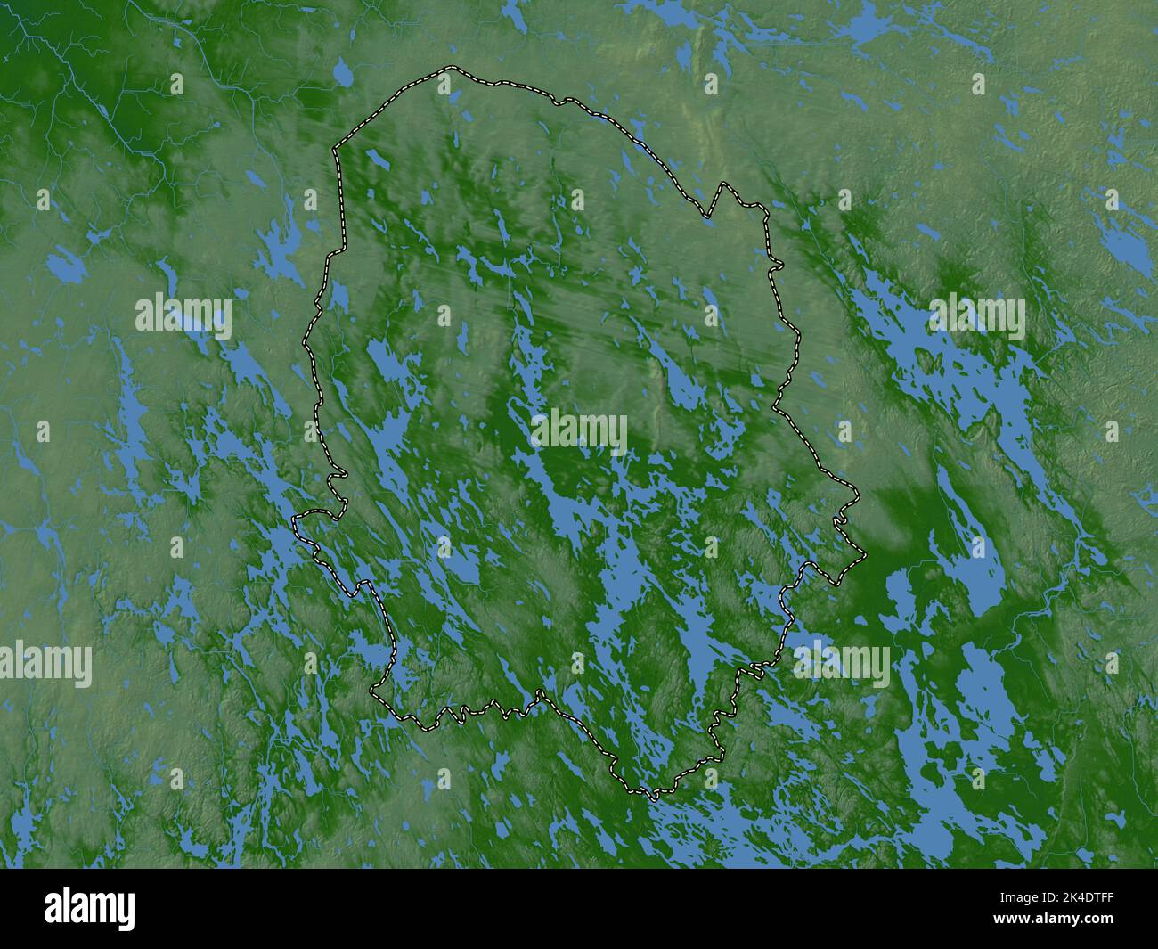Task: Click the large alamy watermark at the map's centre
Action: click(x=579, y=431)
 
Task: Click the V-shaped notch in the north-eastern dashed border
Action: click(x=709, y=216)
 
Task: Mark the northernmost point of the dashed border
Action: click(x=452, y=68)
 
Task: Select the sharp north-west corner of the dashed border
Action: click(x=335, y=149)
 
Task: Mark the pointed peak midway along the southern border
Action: click(x=540, y=692)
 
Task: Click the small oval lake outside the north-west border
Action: click(x=341, y=75)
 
